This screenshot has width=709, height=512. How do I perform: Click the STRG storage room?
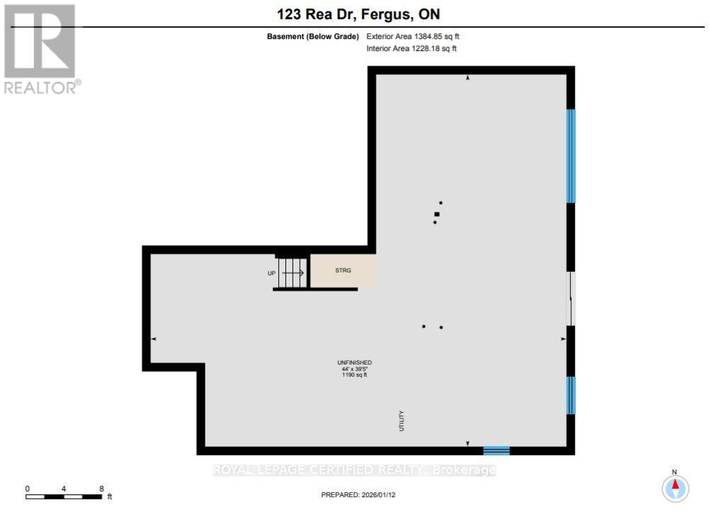343,271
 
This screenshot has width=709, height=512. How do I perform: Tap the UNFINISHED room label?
354,363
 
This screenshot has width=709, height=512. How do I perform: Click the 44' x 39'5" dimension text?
354,369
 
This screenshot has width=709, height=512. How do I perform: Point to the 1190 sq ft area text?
354,375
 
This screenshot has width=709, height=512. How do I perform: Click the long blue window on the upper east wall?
570,156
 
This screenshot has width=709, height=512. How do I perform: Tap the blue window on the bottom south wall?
496,450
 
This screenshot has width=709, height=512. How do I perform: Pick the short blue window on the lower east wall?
570,395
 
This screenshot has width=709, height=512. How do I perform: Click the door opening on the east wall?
571,299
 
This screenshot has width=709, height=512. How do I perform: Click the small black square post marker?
437,214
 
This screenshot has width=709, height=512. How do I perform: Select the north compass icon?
675,487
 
